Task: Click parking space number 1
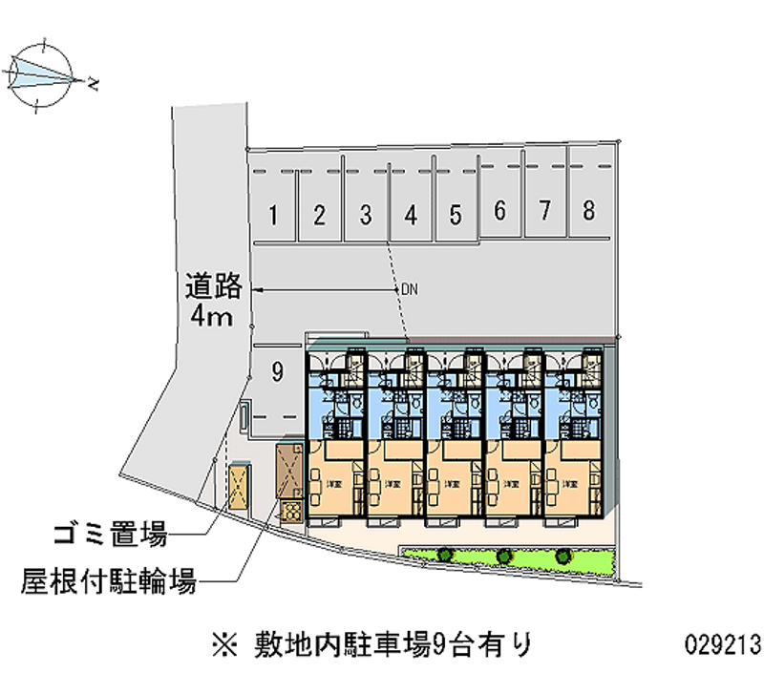[273, 215]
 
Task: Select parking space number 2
[320, 215]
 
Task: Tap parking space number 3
[365, 215]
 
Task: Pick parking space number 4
[411, 215]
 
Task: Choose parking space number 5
[456, 215]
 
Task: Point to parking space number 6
[499, 211]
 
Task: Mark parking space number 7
[544, 211]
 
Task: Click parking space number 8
[589, 211]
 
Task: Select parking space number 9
[276, 373]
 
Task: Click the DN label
[410, 288]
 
